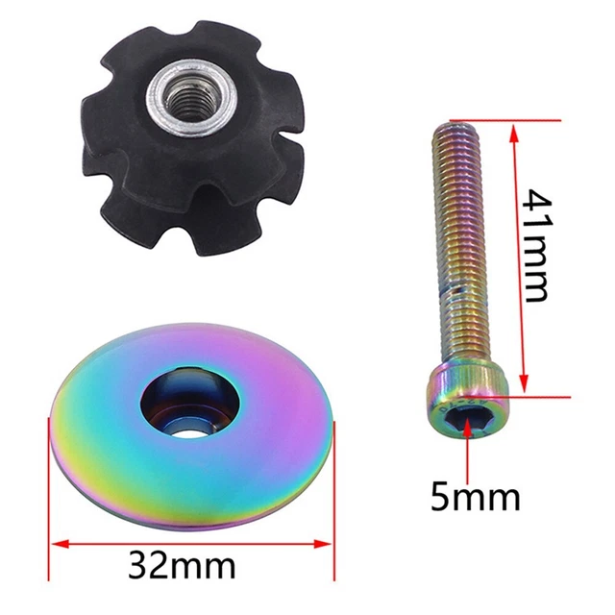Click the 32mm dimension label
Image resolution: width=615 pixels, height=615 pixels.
(183, 566)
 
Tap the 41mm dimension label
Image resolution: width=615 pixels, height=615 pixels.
(536, 245)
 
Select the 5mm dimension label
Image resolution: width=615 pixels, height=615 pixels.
(476, 497)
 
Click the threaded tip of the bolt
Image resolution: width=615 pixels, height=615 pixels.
(457, 132)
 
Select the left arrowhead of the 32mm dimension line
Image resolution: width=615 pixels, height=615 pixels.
(60, 544)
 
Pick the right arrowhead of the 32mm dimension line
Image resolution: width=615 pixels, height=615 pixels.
(323, 544)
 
